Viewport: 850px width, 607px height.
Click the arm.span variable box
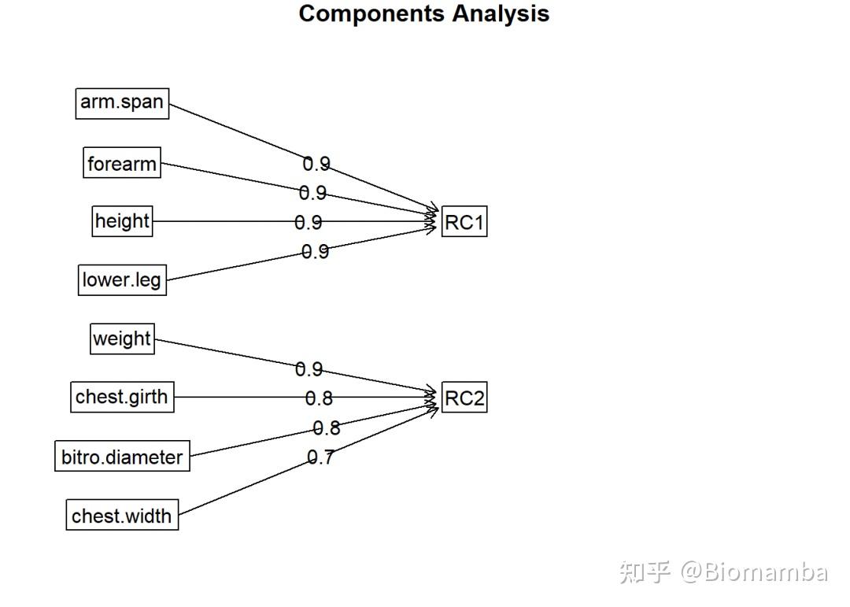[x=122, y=103]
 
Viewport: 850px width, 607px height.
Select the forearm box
[x=122, y=163]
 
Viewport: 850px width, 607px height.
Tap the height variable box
[x=122, y=221]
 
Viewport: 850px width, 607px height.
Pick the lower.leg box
[x=122, y=279]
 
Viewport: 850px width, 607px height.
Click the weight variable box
[x=122, y=339]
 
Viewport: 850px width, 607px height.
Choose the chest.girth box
[x=122, y=397]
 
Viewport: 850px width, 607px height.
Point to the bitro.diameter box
[x=122, y=457]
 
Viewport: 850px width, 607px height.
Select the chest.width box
[x=122, y=516]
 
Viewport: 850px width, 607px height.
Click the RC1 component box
[x=464, y=222]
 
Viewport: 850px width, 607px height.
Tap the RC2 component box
[x=464, y=398]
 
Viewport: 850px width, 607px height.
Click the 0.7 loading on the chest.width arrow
[x=320, y=457]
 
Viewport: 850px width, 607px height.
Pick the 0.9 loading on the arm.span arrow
[x=316, y=164]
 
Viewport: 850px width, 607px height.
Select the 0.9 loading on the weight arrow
[x=309, y=369]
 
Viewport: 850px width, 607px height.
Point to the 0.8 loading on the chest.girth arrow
[x=319, y=398]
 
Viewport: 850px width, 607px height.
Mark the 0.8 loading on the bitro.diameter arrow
[x=327, y=428]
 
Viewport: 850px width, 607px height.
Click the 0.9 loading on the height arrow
[x=309, y=223]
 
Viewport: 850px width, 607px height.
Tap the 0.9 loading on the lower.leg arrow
[x=315, y=252]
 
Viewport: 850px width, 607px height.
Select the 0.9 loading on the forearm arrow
[x=312, y=193]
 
